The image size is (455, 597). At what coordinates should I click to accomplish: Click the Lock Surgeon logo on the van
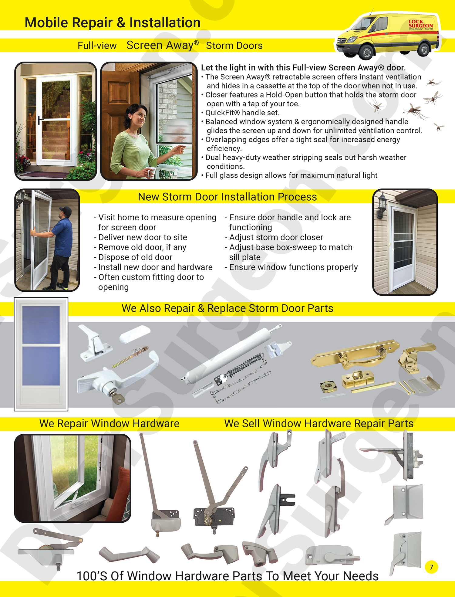pyautogui.click(x=421, y=24)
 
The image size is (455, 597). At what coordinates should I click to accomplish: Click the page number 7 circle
pyautogui.click(x=431, y=567)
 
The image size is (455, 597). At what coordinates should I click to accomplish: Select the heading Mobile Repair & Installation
pyautogui.click(x=113, y=23)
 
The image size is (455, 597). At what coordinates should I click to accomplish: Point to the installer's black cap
pyautogui.click(x=65, y=209)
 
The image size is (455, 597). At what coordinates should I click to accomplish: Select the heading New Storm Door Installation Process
pyautogui.click(x=227, y=197)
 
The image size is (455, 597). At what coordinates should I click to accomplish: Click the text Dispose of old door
pyautogui.click(x=135, y=257)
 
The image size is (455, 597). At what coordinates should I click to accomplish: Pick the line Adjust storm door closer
pyautogui.click(x=276, y=237)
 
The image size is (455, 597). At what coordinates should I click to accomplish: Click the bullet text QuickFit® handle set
pyautogui.click(x=242, y=113)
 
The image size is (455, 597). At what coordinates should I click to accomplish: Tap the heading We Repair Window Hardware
pyautogui.click(x=109, y=424)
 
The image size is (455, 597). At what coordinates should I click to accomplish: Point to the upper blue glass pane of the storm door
pyautogui.click(x=41, y=324)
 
